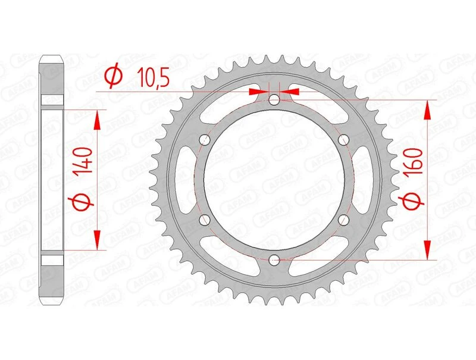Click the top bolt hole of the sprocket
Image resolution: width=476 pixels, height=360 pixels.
coord(274,100)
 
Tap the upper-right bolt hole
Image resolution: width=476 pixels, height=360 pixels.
coord(343,139)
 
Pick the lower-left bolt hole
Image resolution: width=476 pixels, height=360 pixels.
coord(205,220)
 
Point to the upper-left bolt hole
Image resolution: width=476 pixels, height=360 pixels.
coord(205,140)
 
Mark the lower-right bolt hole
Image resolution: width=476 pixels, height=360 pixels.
coord(343,220)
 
